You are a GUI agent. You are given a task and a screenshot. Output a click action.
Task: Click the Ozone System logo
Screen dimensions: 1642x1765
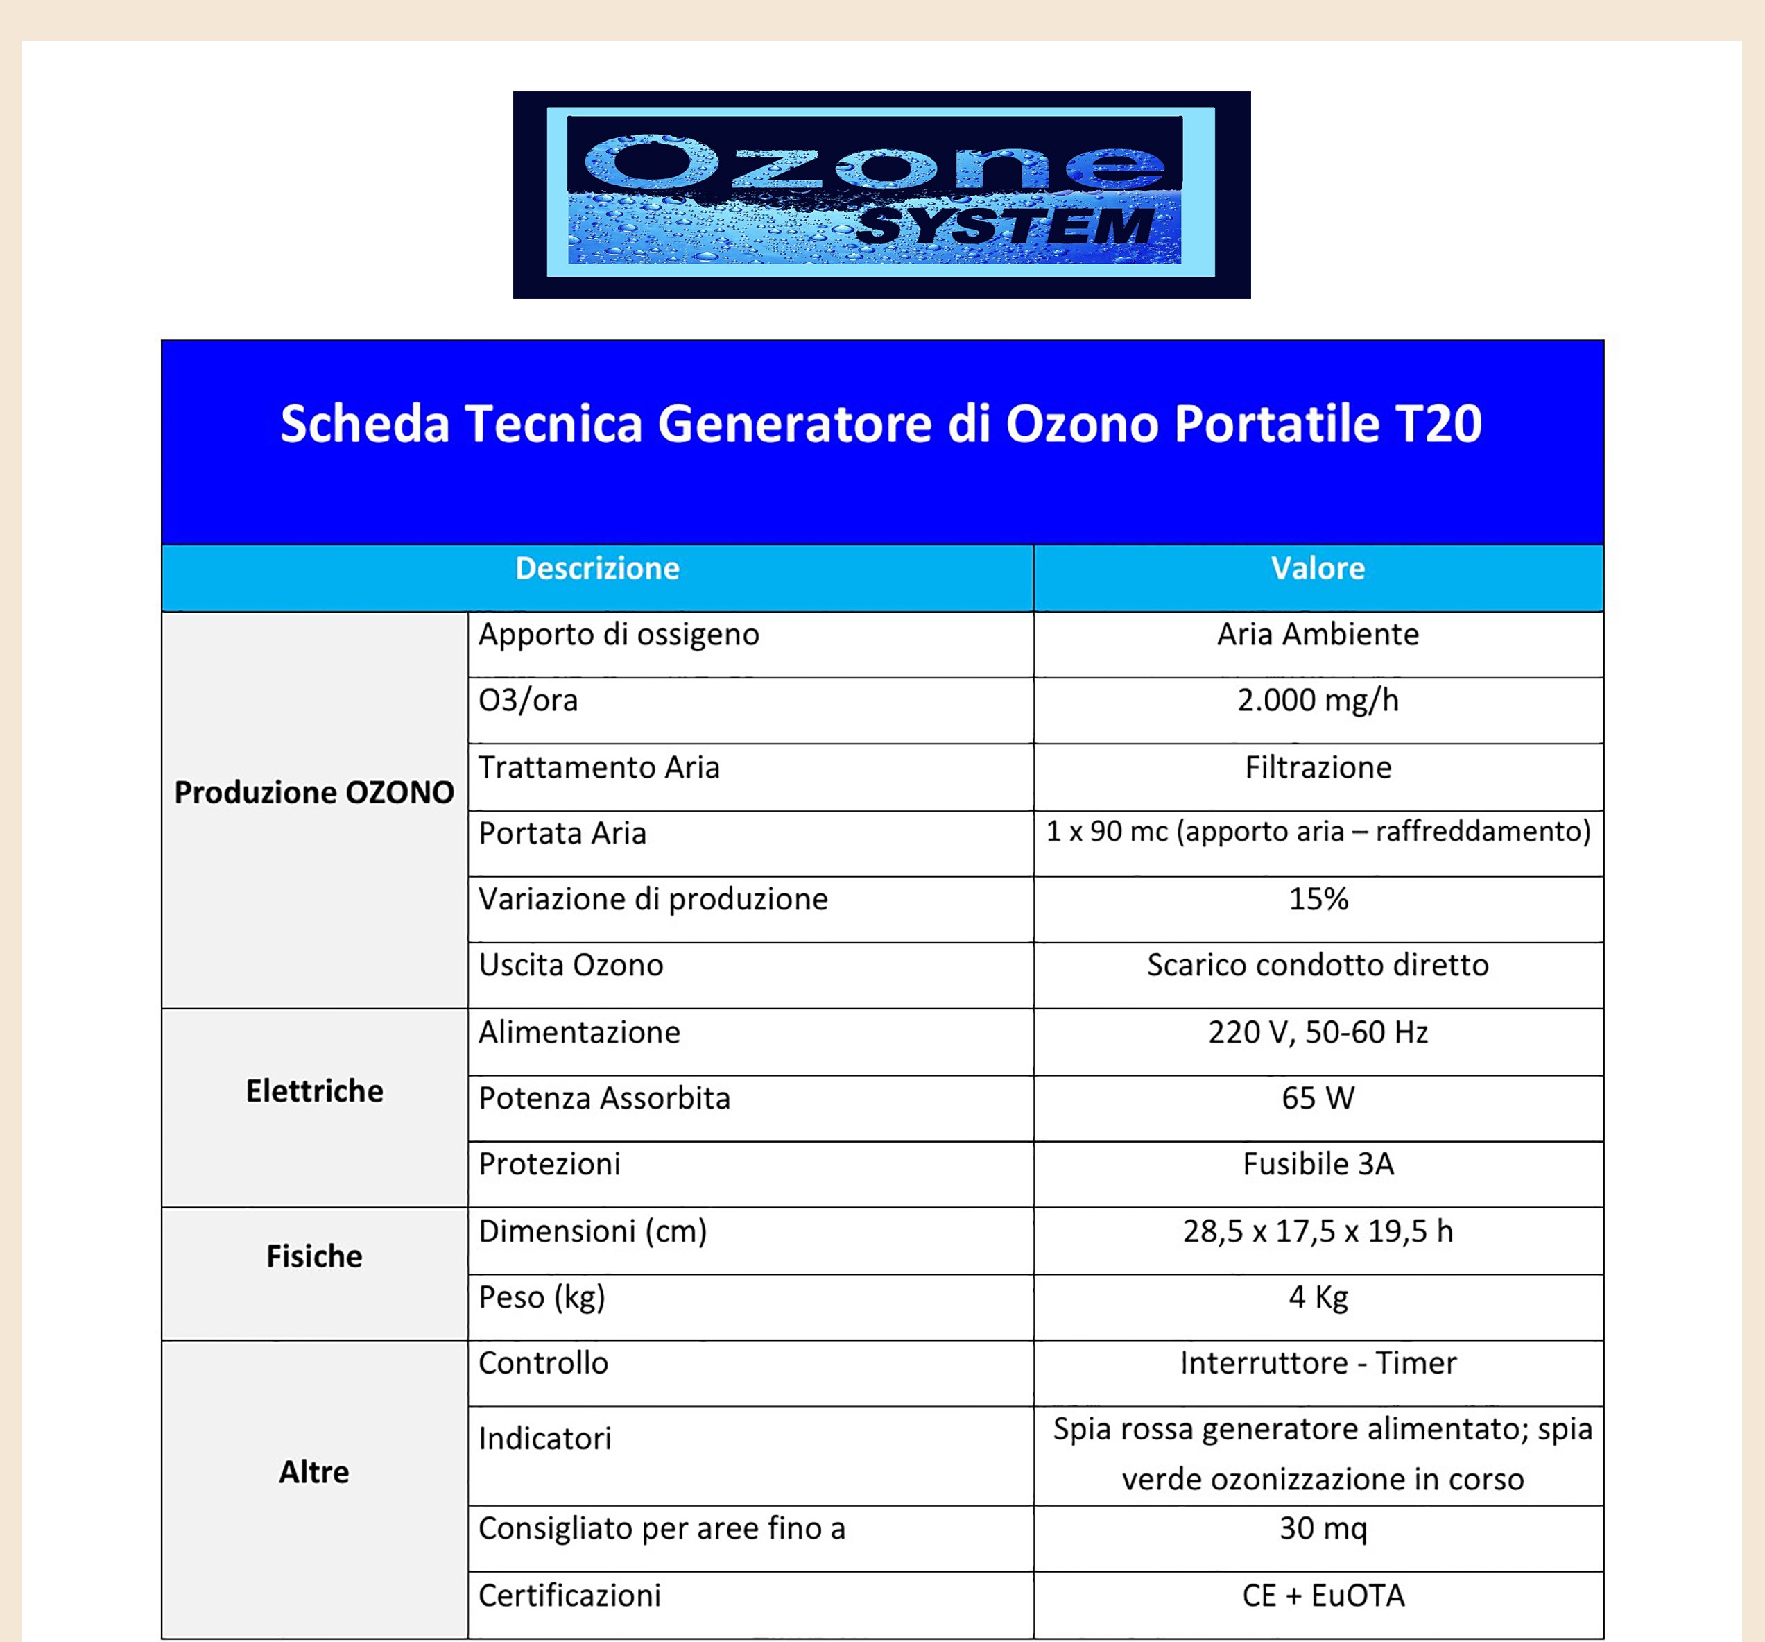click(881, 194)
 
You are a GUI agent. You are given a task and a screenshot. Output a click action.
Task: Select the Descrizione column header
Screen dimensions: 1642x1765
click(598, 568)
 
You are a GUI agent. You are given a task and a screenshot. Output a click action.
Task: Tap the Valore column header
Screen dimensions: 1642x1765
click(1318, 568)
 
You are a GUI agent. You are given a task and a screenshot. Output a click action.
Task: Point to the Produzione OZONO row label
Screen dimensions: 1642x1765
click(314, 792)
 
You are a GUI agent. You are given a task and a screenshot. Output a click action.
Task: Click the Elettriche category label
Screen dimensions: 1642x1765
click(314, 1091)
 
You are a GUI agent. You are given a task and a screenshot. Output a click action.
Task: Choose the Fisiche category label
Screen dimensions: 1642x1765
click(314, 1256)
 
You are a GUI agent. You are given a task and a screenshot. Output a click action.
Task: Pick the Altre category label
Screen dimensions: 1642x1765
click(314, 1471)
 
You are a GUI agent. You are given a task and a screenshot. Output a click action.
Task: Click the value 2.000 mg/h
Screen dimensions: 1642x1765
click(1318, 701)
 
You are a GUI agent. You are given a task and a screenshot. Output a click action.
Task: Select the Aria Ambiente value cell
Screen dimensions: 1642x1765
click(1318, 634)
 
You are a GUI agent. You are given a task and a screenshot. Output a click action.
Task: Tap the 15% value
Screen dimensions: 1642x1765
click(1318, 899)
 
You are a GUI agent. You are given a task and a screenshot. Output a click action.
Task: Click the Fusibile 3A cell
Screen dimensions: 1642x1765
click(1318, 1163)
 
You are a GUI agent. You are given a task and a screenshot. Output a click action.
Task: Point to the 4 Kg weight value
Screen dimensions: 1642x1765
click(1318, 1297)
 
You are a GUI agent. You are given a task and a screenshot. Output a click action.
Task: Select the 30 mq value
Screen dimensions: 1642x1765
click(1322, 1528)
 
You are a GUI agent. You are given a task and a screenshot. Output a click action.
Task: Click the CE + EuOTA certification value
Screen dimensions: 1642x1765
click(1323, 1595)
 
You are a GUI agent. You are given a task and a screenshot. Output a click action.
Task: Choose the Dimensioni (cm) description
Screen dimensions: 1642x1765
click(592, 1231)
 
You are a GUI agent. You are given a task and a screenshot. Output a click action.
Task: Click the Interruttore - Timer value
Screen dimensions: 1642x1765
click(1318, 1362)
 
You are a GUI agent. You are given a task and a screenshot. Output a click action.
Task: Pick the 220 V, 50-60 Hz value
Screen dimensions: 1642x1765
click(1318, 1032)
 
